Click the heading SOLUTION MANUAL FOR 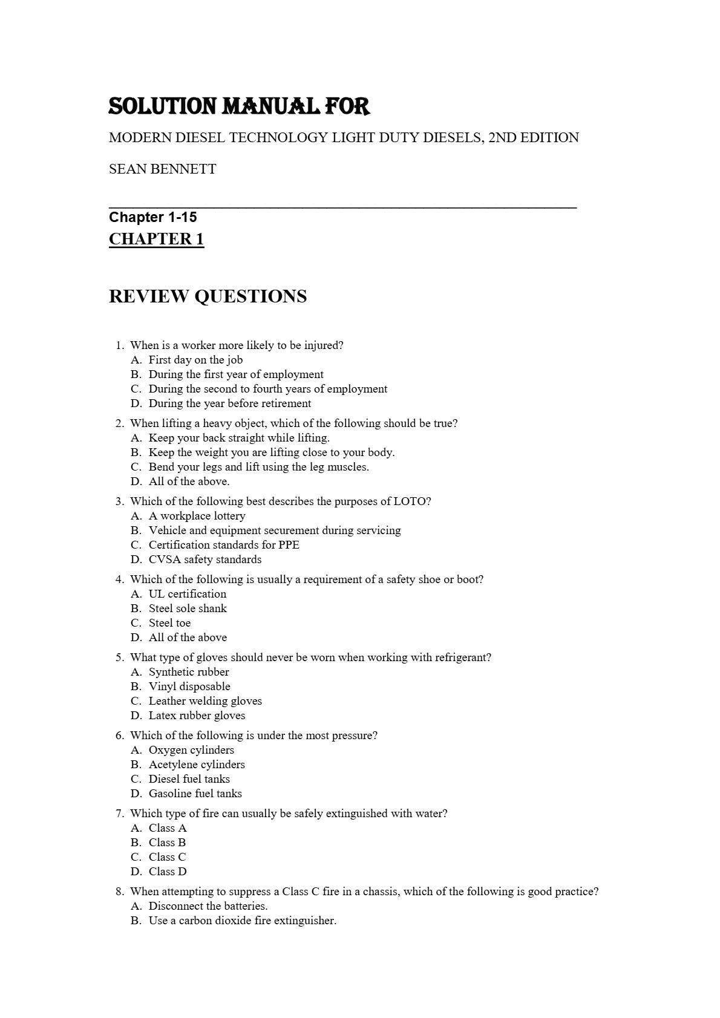[239, 106]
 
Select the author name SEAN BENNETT [162, 169]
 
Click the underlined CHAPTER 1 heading [156, 239]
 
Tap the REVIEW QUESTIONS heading [208, 296]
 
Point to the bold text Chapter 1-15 [152, 217]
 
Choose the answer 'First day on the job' [195, 360]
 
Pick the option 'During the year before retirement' [230, 403]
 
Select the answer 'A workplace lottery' [197, 516]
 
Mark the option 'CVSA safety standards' [205, 560]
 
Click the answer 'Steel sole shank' [188, 609]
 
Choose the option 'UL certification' [188, 594]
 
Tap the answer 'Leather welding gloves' [205, 701]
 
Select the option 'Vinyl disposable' [189, 687]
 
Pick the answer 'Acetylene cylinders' [197, 765]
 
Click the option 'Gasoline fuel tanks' [195, 794]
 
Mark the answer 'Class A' [168, 828]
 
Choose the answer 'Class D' [168, 872]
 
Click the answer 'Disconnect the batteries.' [208, 906]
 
